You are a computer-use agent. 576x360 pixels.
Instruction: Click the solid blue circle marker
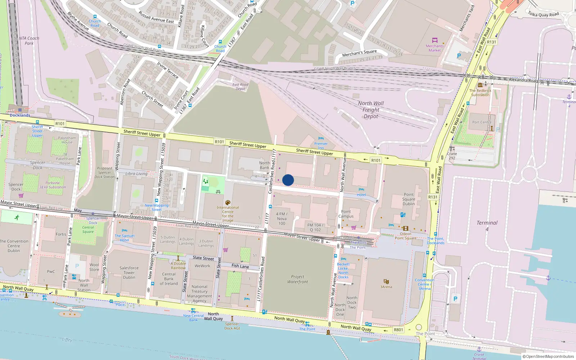(x=288, y=180)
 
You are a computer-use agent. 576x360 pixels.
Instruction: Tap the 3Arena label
(x=386, y=287)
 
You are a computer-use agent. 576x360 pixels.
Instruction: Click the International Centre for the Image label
(x=228, y=214)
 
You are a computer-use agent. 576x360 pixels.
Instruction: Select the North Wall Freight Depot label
(x=371, y=109)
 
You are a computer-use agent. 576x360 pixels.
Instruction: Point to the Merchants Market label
(x=435, y=48)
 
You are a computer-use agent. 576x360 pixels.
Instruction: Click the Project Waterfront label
(x=297, y=279)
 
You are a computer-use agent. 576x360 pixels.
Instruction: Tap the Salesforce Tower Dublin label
(x=129, y=273)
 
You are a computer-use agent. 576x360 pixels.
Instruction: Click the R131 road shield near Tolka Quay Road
(x=491, y=42)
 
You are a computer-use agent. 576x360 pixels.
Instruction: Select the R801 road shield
(x=398, y=330)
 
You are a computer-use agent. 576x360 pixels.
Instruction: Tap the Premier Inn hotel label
(x=321, y=145)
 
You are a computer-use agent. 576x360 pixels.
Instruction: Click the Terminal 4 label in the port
(x=487, y=225)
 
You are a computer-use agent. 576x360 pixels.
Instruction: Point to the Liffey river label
(x=67, y=339)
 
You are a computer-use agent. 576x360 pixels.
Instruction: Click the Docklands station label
(x=20, y=115)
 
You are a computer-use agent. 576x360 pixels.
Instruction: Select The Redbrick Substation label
(x=480, y=93)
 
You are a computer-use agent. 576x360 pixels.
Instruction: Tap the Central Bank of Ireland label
(x=168, y=279)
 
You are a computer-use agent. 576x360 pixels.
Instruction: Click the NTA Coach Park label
(x=29, y=41)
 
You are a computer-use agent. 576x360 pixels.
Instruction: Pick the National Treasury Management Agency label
(x=199, y=294)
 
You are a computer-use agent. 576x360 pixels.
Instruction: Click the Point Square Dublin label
(x=409, y=199)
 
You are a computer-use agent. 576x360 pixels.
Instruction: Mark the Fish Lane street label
(x=240, y=266)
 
